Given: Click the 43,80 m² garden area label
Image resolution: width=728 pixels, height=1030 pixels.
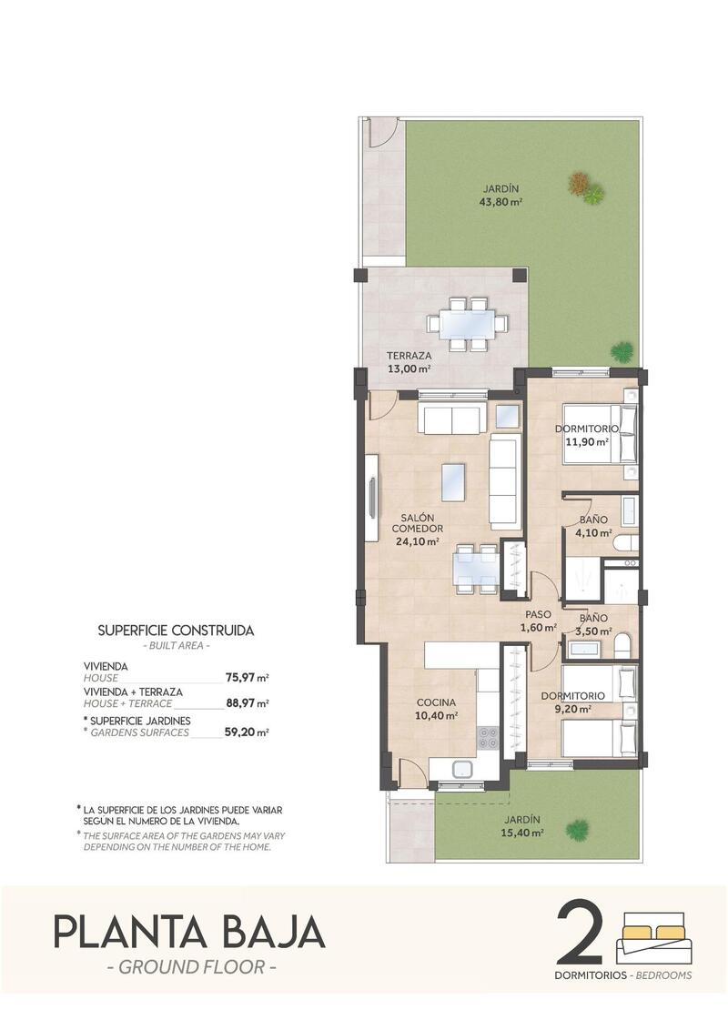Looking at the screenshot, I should point(500,197).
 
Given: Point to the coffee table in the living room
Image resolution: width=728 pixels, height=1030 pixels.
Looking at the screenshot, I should point(453,482).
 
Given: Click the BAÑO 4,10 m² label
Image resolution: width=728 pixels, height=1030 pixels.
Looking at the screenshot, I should point(594,527).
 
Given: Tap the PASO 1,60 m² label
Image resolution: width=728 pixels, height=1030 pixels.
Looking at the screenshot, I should point(538,621).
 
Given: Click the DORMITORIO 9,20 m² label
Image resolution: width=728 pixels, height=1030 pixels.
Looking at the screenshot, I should point(568,702).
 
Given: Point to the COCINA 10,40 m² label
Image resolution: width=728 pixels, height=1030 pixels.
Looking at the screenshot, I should point(437,709).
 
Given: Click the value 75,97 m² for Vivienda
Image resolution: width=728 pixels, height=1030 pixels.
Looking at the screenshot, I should point(247,677).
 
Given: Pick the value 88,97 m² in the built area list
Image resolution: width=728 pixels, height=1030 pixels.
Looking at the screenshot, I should point(247,703).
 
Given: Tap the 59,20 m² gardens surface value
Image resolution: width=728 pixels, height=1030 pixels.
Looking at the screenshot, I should point(247,731).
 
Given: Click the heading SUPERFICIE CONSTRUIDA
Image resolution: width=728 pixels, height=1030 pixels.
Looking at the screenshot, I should point(176,630).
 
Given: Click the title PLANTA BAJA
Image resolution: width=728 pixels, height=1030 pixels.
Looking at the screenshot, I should point(189,933).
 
